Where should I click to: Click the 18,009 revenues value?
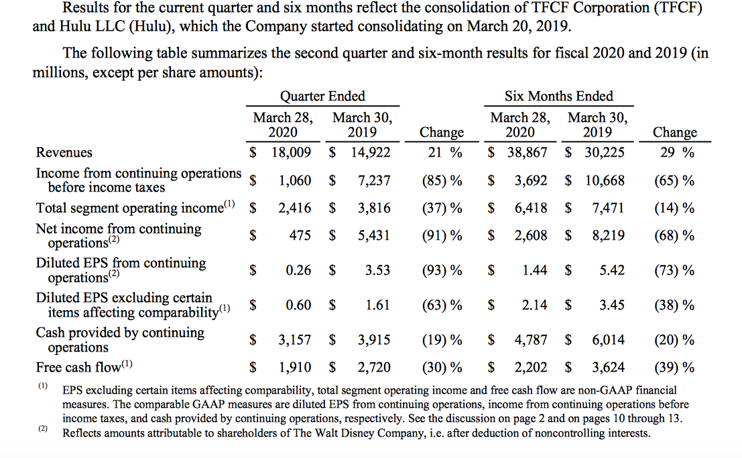coord(291,153)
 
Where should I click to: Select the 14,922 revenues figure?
coord(370,153)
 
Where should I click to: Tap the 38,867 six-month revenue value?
coord(526,153)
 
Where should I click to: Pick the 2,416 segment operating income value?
coord(294,208)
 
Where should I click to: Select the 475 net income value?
coord(300,236)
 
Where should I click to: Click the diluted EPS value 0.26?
coord(298,271)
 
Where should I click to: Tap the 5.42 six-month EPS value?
coord(611,271)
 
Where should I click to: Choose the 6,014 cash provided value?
coord(608,340)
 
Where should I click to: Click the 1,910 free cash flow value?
coord(294,368)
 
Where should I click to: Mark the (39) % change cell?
coord(674,368)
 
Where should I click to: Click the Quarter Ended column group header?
coord(322,96)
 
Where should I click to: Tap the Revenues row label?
coord(64,153)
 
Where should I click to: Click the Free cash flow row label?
coord(79,368)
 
